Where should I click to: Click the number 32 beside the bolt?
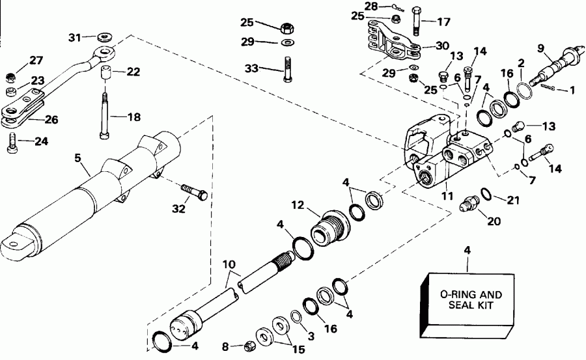179,208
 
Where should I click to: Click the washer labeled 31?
102,36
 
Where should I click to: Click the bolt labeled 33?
286,69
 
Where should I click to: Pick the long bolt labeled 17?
417,23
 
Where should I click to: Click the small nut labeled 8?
248,346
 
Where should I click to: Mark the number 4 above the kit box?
467,250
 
